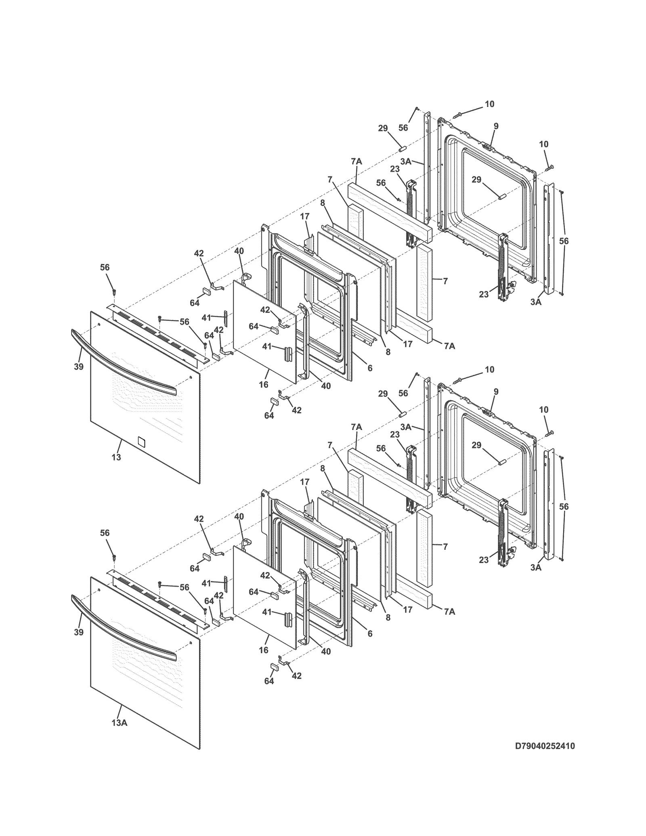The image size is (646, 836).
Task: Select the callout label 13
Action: coord(116,457)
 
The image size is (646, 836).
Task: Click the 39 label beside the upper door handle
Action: coord(79,367)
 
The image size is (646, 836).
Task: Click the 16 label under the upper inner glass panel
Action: coord(264,385)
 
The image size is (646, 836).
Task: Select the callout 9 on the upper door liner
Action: coord(496,126)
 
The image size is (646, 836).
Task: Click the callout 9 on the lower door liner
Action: coord(496,392)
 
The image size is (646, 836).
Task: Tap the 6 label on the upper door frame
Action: coord(370,368)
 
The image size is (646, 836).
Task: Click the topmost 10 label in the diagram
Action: coord(489,104)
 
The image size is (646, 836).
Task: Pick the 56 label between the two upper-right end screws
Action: coord(564,241)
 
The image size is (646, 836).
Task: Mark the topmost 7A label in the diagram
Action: coord(357,161)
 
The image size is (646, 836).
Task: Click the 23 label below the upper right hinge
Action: coord(484,294)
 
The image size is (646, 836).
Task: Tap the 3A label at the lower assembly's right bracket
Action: coord(536,567)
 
